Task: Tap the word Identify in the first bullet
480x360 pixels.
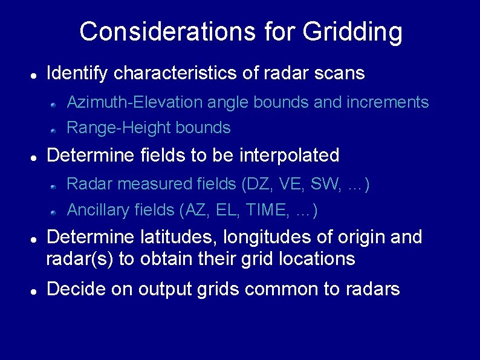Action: [77, 74]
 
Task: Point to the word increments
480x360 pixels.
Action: [388, 102]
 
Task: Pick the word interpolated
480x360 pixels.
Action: [290, 155]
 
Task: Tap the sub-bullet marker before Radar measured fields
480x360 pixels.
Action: [53, 186]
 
